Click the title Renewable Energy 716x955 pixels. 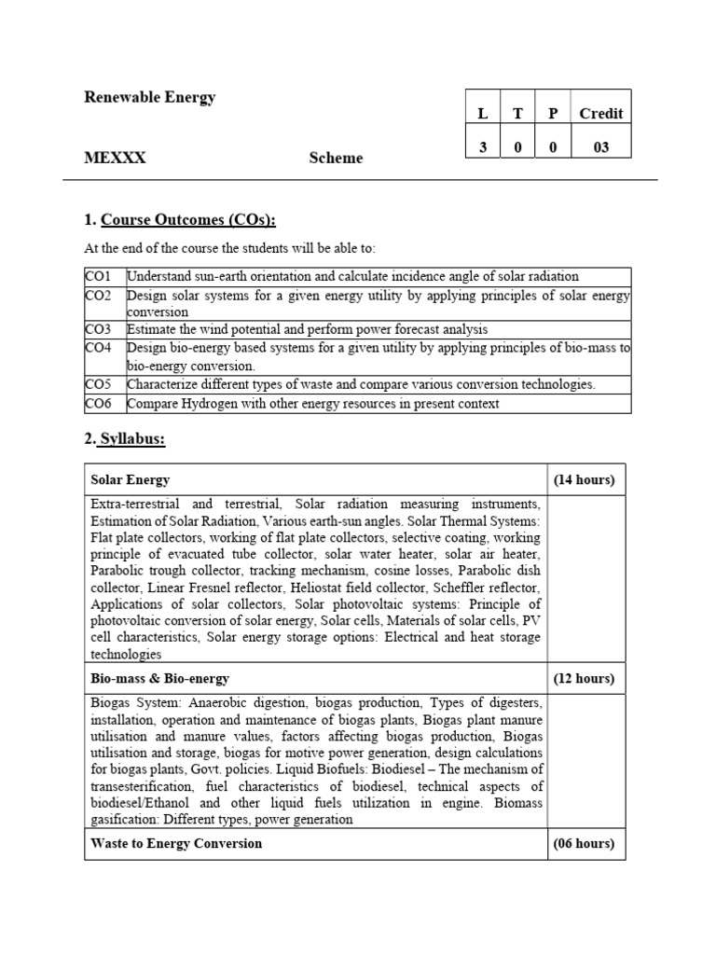pyautogui.click(x=149, y=97)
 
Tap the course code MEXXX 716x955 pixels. pyautogui.click(x=115, y=158)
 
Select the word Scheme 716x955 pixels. pyautogui.click(x=336, y=158)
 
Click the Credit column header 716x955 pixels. pyautogui.click(x=600, y=114)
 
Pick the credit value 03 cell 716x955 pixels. pyautogui.click(x=600, y=147)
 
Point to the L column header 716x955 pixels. pyautogui.click(x=482, y=114)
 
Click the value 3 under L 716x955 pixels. pyautogui.click(x=482, y=147)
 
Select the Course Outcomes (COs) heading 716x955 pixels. pyautogui.click(x=187, y=220)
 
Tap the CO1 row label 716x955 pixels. pyautogui.click(x=98, y=276)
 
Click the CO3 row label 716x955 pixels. pyautogui.click(x=98, y=329)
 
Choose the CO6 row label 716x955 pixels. pyautogui.click(x=98, y=404)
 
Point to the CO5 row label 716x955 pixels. pyautogui.click(x=98, y=384)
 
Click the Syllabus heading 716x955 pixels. pyautogui.click(x=132, y=438)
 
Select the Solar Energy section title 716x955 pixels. pyautogui.click(x=131, y=479)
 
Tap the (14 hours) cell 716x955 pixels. pyautogui.click(x=584, y=479)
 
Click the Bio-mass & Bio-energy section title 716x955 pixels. pyautogui.click(x=159, y=678)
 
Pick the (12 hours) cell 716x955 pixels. pyautogui.click(x=584, y=678)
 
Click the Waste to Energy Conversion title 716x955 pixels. pyautogui.click(x=176, y=843)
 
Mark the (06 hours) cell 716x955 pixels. pyautogui.click(x=584, y=843)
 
